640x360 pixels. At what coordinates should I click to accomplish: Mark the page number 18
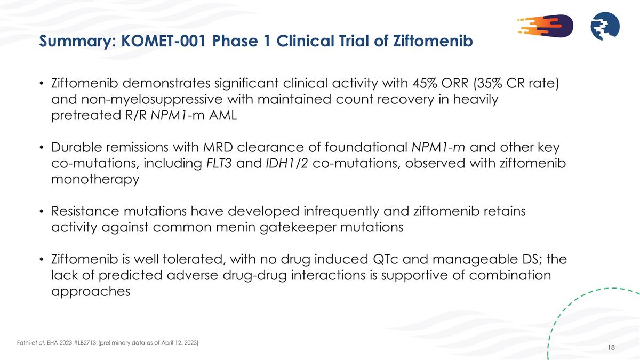coord(611,348)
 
